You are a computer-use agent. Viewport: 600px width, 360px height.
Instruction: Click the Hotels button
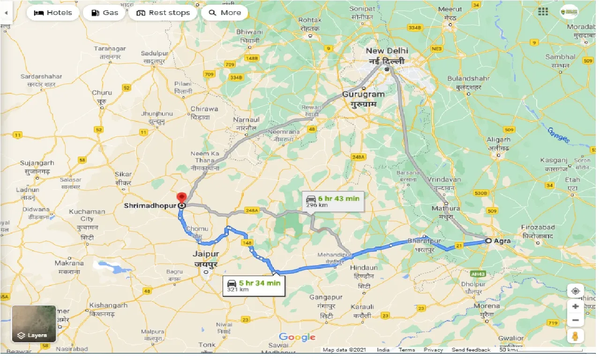point(52,13)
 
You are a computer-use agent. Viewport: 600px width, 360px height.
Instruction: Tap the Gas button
point(105,13)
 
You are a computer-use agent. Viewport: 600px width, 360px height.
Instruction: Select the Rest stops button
point(163,13)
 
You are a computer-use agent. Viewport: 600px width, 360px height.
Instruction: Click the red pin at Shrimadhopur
point(182,198)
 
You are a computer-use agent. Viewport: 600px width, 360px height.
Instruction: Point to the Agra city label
point(502,241)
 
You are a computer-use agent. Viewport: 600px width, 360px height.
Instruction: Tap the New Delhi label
point(387,51)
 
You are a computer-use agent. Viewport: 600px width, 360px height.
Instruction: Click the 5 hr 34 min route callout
point(254,285)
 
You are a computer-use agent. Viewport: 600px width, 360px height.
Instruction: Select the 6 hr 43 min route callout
point(332,201)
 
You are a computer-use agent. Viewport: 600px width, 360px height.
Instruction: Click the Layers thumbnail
point(34,324)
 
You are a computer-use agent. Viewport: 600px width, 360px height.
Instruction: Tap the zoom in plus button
point(575,307)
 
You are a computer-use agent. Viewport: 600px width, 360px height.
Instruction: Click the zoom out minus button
point(575,321)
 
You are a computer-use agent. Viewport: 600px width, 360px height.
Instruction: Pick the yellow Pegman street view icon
point(575,336)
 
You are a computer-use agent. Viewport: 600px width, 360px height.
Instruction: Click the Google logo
point(297,337)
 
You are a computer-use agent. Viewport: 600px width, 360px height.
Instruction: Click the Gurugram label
point(363,94)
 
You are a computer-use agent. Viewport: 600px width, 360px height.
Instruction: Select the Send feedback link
point(471,350)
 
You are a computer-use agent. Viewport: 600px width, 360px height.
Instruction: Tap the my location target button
point(575,291)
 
